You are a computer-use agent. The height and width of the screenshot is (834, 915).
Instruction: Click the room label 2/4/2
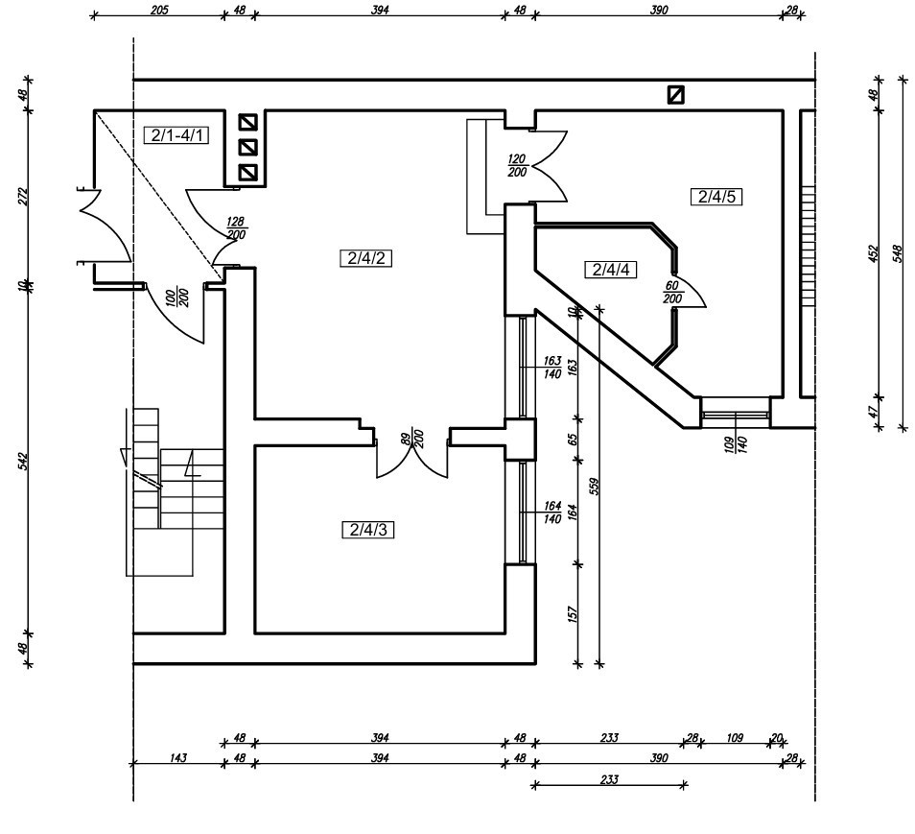tap(365, 258)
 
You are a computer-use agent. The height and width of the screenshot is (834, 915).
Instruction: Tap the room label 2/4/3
tap(367, 530)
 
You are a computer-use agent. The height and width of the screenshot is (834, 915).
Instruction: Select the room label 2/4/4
tap(610, 270)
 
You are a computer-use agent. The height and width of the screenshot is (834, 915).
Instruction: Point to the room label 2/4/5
tap(716, 197)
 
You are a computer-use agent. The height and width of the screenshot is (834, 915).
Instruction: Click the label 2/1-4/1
tap(176, 135)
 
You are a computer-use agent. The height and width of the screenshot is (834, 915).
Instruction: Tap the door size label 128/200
tap(236, 228)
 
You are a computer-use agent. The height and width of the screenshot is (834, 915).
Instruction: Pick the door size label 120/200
tap(517, 165)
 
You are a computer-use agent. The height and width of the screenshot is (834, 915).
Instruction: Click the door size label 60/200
tap(673, 292)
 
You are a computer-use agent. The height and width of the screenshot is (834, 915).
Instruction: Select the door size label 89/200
tap(412, 439)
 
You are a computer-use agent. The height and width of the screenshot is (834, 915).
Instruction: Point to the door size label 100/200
tap(178, 298)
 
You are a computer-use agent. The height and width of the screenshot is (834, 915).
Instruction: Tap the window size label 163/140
tap(552, 368)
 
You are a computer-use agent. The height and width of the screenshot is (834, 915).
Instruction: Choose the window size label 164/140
tap(552, 512)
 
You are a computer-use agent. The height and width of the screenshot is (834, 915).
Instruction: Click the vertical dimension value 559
tap(594, 487)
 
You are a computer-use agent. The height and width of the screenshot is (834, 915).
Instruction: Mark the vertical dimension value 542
tap(23, 461)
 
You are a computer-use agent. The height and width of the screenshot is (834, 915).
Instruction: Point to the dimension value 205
tap(158, 10)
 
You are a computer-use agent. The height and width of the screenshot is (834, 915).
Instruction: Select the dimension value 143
tap(178, 757)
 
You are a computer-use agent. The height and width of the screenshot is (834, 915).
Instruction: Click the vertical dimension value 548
tap(898, 253)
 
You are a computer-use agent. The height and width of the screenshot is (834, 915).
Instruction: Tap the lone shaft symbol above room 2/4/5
tap(676, 95)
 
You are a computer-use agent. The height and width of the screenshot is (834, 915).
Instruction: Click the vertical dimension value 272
tap(23, 196)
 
